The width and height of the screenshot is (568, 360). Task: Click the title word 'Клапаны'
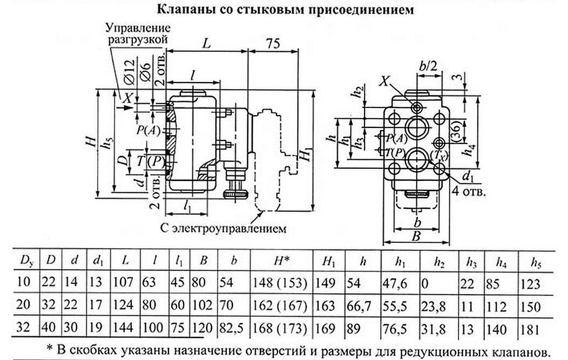tap(181, 9)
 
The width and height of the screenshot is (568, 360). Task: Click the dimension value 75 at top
tap(273, 44)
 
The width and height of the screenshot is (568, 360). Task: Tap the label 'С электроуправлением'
tap(222, 228)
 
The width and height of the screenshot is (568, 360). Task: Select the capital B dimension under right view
tap(416, 235)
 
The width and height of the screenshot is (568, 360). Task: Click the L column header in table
tap(125, 261)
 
